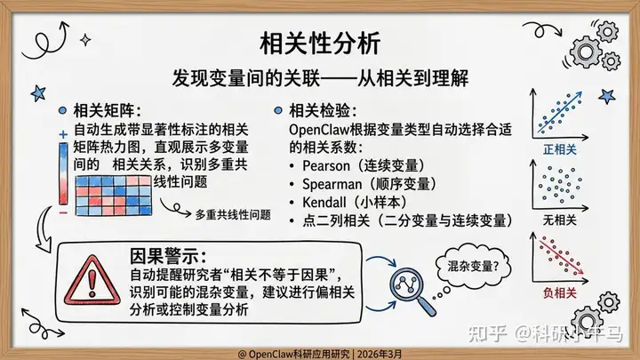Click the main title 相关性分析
coord(320,44)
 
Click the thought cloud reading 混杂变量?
coord(473,266)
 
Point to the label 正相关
coord(560,150)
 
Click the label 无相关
coord(560,220)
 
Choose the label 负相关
coord(560,292)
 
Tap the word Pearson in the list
coord(326,166)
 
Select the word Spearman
coord(332,184)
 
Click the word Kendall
coord(324,202)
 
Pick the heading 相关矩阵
coord(104,110)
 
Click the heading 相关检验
coord(320,110)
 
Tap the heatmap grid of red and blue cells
coord(114,196)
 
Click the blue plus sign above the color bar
coord(63,134)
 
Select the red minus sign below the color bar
coord(63,213)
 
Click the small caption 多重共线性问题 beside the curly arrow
coord(233,215)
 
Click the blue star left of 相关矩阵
coord(38,93)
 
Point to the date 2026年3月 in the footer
coord(380,354)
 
